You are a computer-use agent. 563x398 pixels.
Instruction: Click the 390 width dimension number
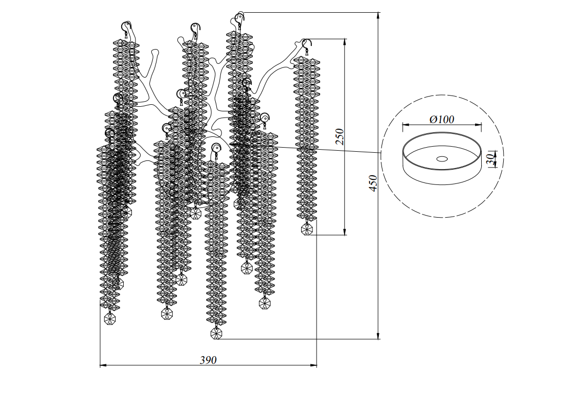coord(208,360)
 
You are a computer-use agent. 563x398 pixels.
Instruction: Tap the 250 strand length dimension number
coord(340,136)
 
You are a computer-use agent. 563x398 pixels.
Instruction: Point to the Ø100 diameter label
coord(442,120)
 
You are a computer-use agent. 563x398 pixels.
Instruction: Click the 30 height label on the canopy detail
coord(490,159)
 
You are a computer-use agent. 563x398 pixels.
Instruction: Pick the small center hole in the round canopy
coord(441,158)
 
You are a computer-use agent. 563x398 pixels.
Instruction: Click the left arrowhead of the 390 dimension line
coord(102,365)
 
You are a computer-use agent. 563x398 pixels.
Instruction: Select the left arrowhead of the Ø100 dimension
coord(405,124)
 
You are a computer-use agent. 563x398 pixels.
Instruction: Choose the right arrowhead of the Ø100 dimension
coord(479,124)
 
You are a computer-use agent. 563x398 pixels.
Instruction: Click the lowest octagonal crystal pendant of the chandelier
coord(217,334)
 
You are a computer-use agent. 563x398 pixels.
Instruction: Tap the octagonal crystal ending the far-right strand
coord(307,229)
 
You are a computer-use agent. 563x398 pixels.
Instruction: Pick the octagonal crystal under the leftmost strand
coord(110,319)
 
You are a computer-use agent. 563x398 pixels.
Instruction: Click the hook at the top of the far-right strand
coord(306,44)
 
